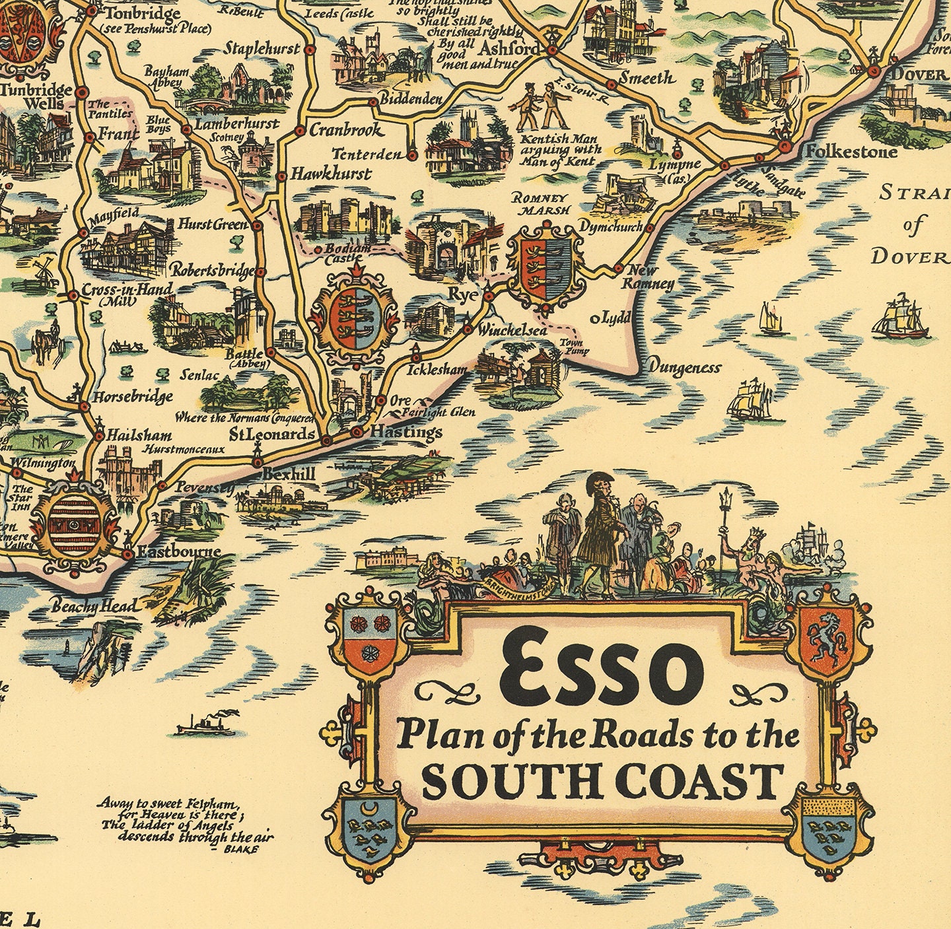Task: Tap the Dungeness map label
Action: coord(684,367)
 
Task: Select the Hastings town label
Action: coord(405,432)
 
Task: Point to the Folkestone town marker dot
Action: coord(785,147)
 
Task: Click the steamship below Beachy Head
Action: coord(205,724)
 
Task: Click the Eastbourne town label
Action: coord(178,551)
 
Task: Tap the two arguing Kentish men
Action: coord(541,106)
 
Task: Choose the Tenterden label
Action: coord(367,155)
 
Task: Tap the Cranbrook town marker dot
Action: coord(299,131)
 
